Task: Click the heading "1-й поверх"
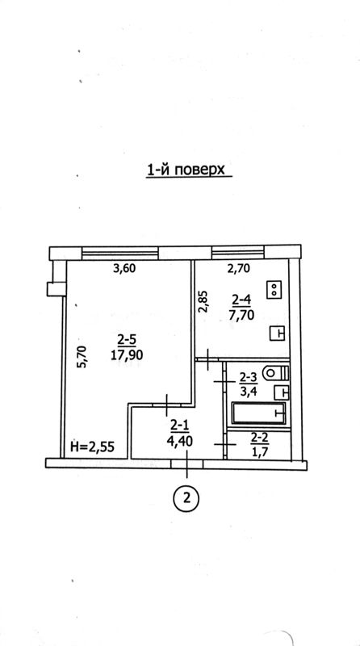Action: [x=186, y=170]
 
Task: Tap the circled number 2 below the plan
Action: [x=187, y=499]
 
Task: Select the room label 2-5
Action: [x=127, y=340]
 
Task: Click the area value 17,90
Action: [x=127, y=354]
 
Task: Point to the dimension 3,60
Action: [x=125, y=269]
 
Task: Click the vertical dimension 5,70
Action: [x=82, y=356]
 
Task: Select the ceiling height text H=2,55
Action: [x=92, y=447]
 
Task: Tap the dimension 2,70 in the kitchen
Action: [x=239, y=269]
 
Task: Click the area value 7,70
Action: [x=243, y=316]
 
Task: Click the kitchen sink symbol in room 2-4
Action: [x=278, y=333]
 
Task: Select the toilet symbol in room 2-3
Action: [x=277, y=374]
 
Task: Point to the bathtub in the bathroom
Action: [x=258, y=413]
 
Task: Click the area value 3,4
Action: [x=249, y=392]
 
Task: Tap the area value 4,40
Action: [x=179, y=442]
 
